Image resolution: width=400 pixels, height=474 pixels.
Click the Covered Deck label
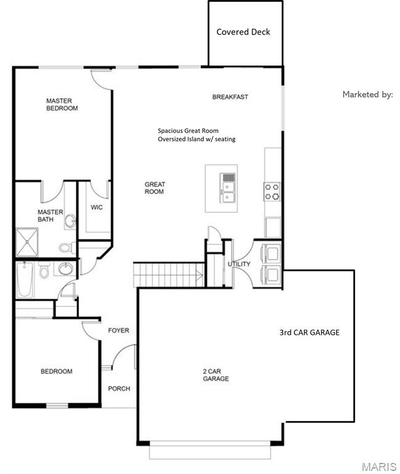(243, 31)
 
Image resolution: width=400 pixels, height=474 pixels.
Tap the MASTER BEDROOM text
(62, 104)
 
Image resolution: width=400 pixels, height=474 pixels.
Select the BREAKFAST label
(230, 97)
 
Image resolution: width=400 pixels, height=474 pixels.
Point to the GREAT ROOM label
(154, 188)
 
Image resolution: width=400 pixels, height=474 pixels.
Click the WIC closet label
(97, 207)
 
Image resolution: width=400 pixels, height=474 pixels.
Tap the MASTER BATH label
(50, 215)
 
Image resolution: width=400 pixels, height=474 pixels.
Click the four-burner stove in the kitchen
(272, 191)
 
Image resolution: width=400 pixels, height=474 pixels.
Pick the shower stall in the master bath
(27, 242)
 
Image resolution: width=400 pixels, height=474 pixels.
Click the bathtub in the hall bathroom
(25, 280)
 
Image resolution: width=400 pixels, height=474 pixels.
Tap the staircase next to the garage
(169, 275)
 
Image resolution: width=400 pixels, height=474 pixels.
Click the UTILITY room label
(239, 264)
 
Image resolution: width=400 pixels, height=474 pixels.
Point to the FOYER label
(119, 330)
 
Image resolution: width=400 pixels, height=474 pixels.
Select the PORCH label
(119, 388)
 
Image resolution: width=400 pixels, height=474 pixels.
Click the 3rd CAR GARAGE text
(309, 333)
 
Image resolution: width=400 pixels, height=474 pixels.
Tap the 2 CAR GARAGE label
(216, 375)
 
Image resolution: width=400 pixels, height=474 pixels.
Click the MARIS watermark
(379, 467)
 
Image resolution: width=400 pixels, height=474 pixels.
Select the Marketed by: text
(368, 94)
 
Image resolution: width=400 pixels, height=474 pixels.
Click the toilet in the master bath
(67, 247)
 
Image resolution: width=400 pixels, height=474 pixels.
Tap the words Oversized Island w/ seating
(196, 139)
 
